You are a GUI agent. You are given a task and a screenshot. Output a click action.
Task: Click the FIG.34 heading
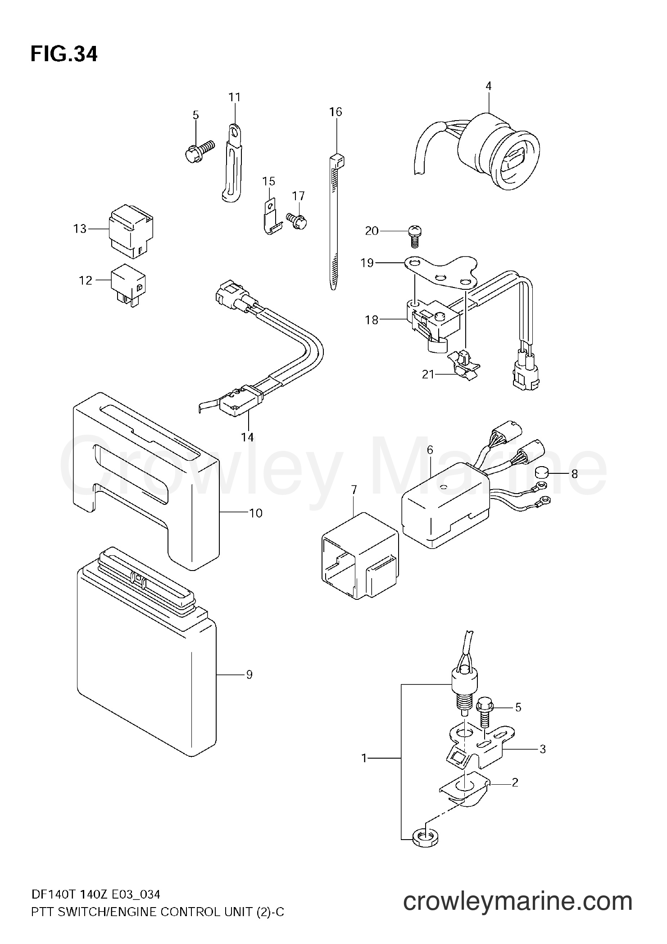click(64, 54)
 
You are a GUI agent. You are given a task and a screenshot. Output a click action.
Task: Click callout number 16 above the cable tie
click(336, 112)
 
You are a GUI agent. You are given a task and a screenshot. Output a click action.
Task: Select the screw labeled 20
click(413, 235)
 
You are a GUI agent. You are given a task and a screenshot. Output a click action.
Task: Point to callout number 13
click(80, 229)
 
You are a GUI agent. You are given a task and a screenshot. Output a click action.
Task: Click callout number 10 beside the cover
click(256, 513)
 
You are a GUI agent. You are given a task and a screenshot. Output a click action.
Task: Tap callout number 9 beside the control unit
click(249, 687)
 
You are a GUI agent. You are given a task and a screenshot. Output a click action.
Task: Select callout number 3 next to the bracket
click(543, 749)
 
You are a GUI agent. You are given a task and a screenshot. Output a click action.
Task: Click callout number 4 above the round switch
click(489, 85)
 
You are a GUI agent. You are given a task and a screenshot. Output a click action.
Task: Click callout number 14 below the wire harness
click(247, 436)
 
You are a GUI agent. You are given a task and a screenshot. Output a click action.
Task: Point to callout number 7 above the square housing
click(354, 490)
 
